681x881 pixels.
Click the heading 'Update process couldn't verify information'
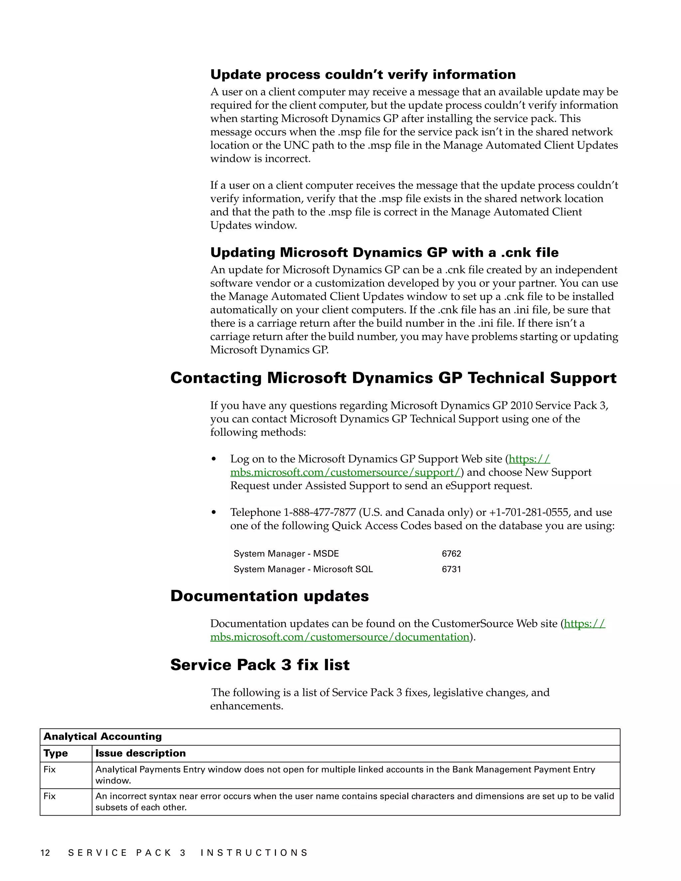pyautogui.click(x=363, y=74)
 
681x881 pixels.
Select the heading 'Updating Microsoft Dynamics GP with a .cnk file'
pyautogui.click(x=384, y=253)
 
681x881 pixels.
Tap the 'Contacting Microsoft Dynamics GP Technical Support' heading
pyautogui.click(x=393, y=378)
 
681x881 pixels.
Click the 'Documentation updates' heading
pyautogui.click(x=269, y=596)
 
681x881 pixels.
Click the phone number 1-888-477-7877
pyautogui.click(x=320, y=512)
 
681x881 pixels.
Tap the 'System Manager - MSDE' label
pyautogui.click(x=286, y=554)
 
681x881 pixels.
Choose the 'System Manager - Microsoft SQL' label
pyautogui.click(x=303, y=569)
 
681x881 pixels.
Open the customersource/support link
pyautogui.click(x=345, y=472)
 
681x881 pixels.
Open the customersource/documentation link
pyautogui.click(x=340, y=637)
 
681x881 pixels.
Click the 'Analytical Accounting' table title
pyautogui.click(x=102, y=737)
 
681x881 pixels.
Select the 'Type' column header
pyautogui.click(x=56, y=753)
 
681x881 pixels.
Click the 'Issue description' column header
pyautogui.click(x=140, y=753)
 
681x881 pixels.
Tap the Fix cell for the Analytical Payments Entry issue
pyautogui.click(x=50, y=769)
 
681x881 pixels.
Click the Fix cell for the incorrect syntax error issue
pyautogui.click(x=50, y=796)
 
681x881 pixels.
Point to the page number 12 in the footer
pyautogui.click(x=45, y=852)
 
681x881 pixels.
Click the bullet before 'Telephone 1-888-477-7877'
pyautogui.click(x=214, y=513)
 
